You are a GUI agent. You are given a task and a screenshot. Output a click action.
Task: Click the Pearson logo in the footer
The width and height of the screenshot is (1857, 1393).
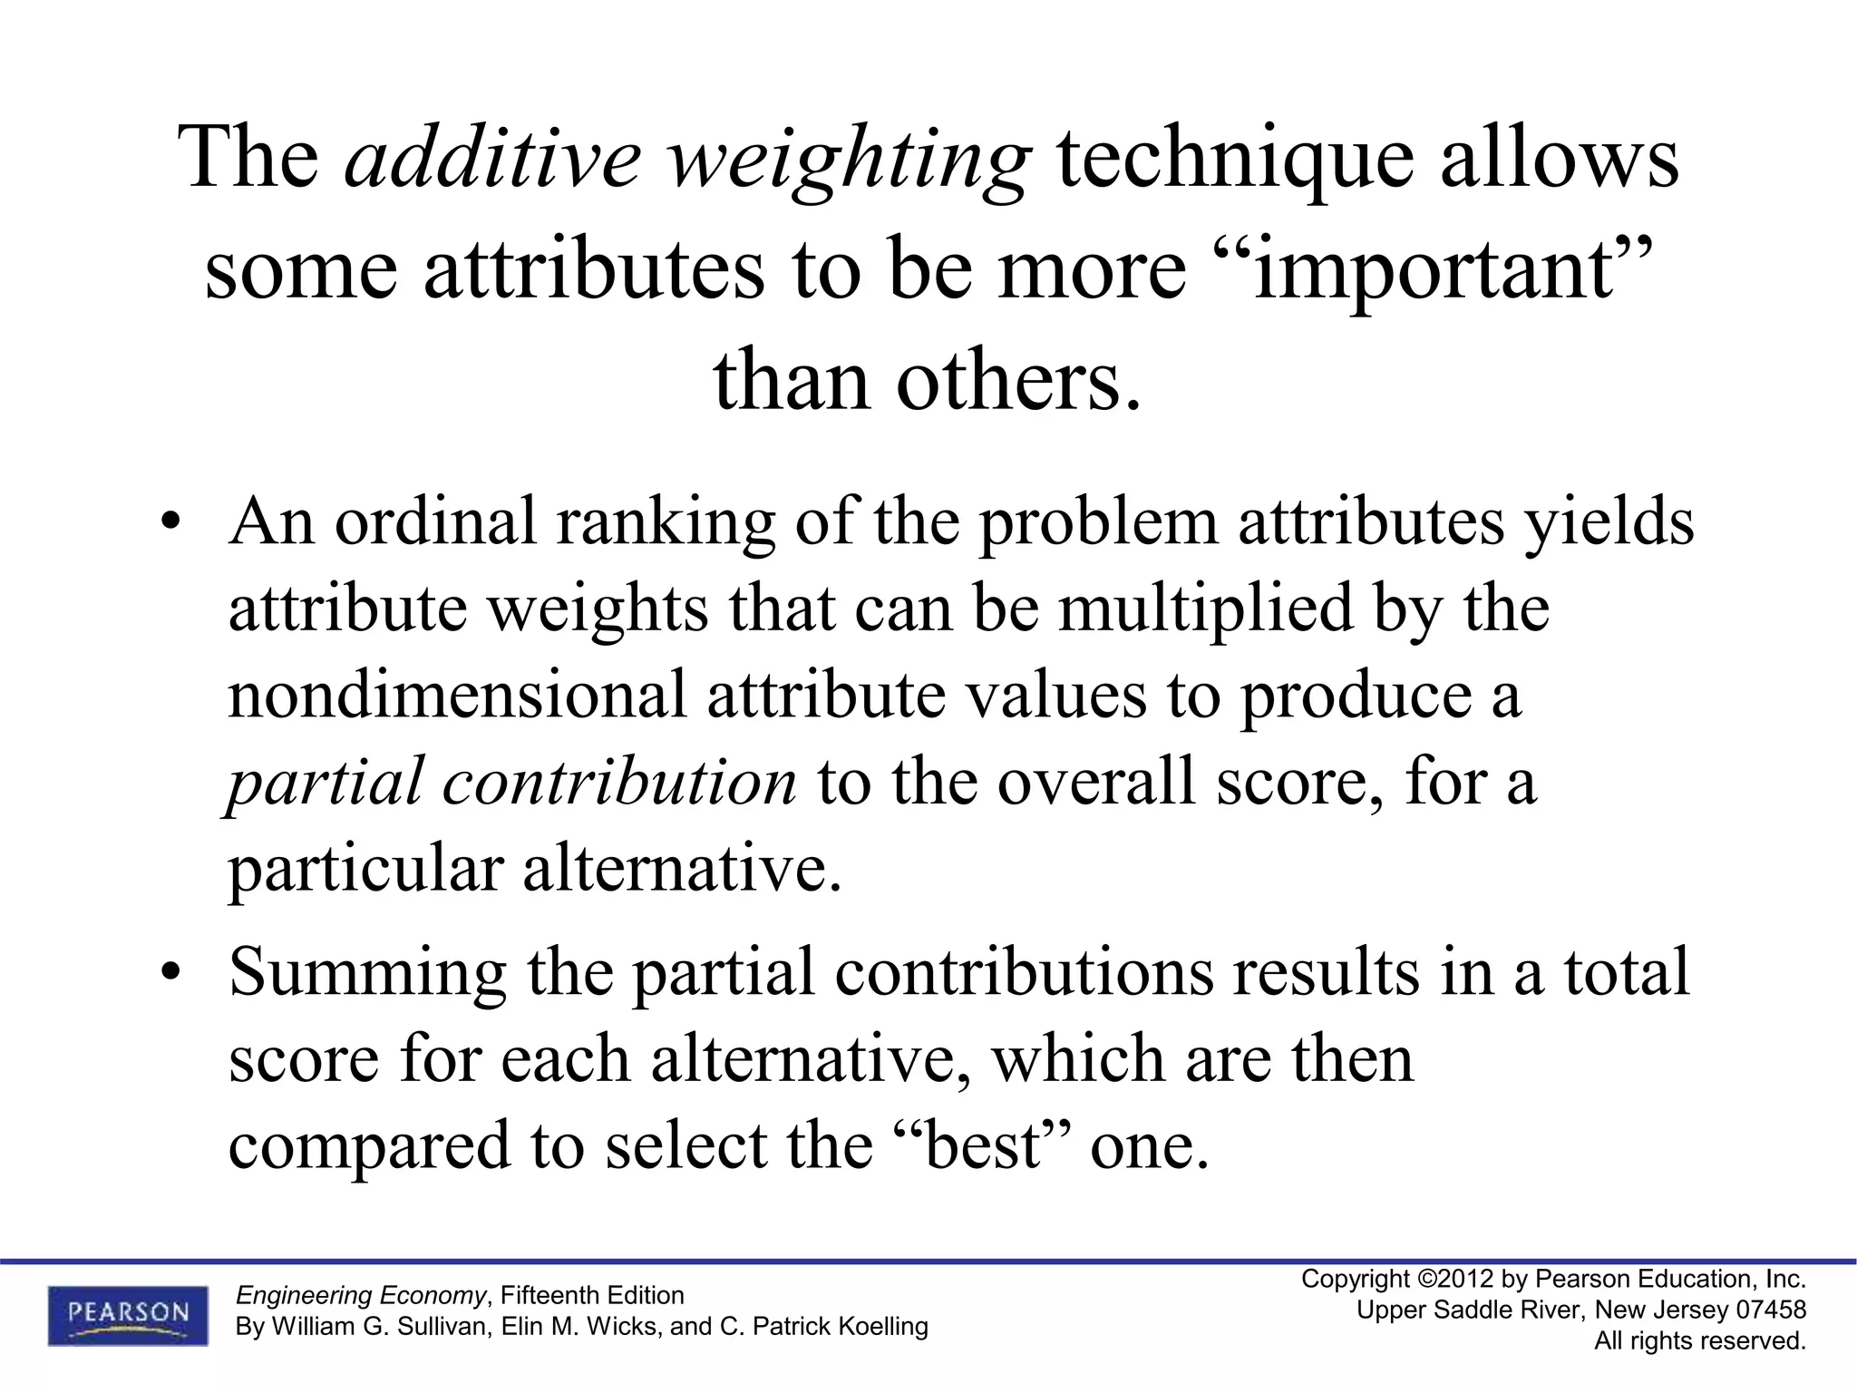tap(128, 1315)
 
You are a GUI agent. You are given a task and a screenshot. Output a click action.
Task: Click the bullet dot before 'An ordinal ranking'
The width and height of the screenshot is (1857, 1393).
tap(170, 525)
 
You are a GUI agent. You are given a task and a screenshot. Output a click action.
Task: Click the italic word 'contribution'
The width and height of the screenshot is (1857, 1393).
tap(619, 782)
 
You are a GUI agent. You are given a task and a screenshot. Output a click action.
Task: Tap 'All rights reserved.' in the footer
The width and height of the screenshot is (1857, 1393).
tap(1700, 1340)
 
